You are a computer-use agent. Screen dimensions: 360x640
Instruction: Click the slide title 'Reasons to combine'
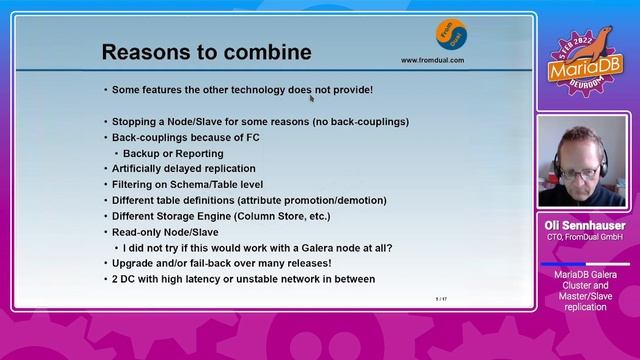coord(207,52)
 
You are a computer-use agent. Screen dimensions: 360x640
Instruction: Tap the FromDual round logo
coord(449,34)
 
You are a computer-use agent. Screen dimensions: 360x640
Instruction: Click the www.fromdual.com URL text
coord(432,60)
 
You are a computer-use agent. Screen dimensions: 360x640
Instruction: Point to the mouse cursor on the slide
coord(312,97)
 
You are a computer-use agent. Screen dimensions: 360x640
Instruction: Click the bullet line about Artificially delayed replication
coord(183,169)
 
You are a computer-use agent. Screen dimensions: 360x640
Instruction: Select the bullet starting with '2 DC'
coord(243,279)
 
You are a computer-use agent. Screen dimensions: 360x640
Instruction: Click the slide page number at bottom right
coord(440,299)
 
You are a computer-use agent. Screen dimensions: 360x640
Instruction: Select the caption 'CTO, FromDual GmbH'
coord(585,238)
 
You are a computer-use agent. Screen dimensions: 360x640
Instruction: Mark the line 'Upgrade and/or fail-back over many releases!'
coord(221,263)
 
